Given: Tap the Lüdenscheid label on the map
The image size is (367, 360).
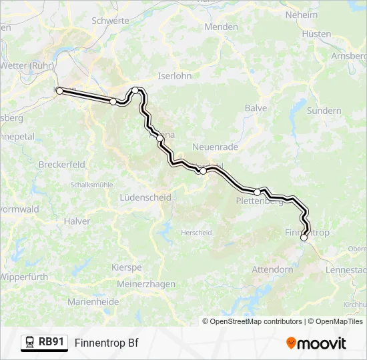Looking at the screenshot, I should (x=145, y=197).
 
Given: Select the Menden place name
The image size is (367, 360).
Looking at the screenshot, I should (x=222, y=27).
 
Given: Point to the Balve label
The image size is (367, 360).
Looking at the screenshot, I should (x=256, y=108).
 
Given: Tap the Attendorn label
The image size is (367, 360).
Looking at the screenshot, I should (x=272, y=270).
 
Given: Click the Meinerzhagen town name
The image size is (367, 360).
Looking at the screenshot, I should (x=146, y=284).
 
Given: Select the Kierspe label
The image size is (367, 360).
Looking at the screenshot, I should (x=127, y=267).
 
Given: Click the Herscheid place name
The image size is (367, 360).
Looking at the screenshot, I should (x=196, y=233).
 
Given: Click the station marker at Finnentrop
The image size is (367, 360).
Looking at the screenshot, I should (x=304, y=237).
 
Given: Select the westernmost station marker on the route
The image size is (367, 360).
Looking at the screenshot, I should (x=59, y=90).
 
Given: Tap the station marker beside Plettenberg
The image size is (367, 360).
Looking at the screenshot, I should (x=257, y=192).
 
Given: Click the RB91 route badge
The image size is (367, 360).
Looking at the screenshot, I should (x=45, y=343).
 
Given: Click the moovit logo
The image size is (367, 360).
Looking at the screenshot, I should (x=316, y=343).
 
